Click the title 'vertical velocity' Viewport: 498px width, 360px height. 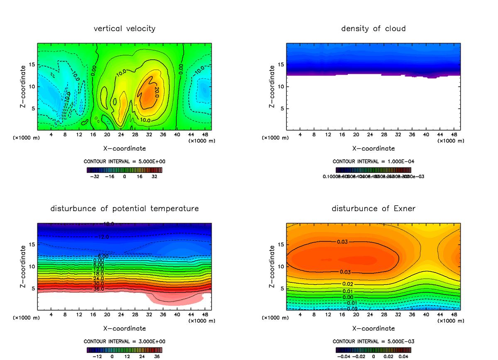(x=124, y=29)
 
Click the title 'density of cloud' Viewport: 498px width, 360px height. (x=373, y=29)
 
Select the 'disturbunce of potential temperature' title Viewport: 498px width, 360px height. (x=124, y=208)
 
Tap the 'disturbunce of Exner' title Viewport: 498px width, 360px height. (x=373, y=208)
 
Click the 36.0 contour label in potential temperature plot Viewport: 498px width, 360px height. (x=98, y=289)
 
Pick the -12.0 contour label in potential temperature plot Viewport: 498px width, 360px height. (x=104, y=237)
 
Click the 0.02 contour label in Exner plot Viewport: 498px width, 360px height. (x=347, y=284)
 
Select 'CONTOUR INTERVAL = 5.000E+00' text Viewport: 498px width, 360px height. (x=124, y=161)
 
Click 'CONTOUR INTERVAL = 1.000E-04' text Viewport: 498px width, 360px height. (x=373, y=161)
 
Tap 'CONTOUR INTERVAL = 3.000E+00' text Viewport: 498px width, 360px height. (x=124, y=341)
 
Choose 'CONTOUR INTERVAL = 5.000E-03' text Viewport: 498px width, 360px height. (x=373, y=341)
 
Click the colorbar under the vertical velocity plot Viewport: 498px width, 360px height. (x=124, y=170)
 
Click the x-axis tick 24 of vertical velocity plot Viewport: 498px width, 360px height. (x=121, y=135)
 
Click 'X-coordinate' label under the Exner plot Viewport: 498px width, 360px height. (x=373, y=328)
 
